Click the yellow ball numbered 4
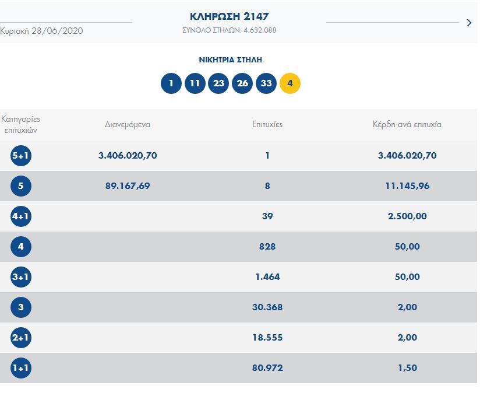[290, 83]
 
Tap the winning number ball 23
[218, 83]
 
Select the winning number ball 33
[266, 83]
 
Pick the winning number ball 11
[195, 83]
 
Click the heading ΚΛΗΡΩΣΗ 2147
[230, 16]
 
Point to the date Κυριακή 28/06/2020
[41, 30]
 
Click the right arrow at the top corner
[470, 23]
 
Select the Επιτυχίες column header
[267, 124]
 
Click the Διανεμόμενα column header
[128, 124]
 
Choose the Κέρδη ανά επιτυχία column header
[407, 124]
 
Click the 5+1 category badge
[21, 156]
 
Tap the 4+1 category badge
[21, 216]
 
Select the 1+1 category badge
[21, 368]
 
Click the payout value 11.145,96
[407, 186]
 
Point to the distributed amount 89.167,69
[128, 186]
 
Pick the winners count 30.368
[267, 307]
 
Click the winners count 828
[267, 247]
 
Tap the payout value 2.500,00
[407, 216]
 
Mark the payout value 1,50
[407, 368]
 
